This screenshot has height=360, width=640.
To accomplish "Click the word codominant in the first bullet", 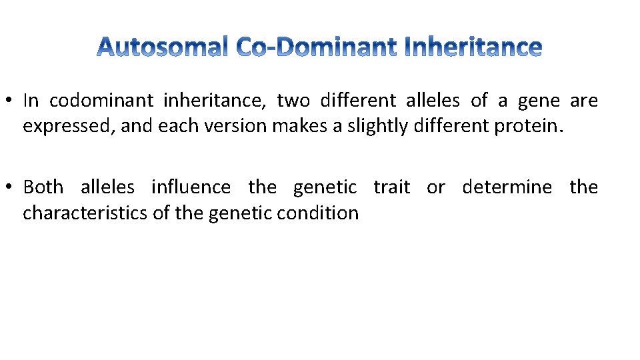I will coord(101,101).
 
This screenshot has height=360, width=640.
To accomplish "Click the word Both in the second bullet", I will coord(43,187).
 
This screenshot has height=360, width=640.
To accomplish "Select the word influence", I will coord(191,187).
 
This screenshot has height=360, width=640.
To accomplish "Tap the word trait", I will coord(391,187).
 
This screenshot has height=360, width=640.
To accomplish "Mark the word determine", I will coord(507,187).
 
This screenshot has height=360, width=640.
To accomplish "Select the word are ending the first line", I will coord(584,101).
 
